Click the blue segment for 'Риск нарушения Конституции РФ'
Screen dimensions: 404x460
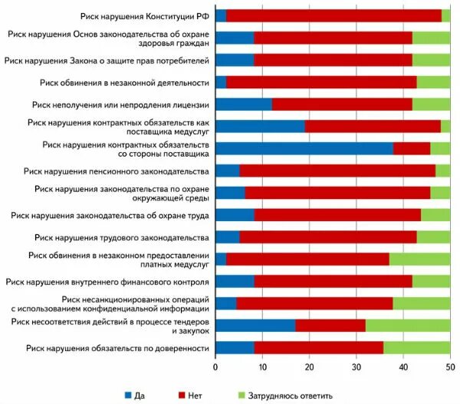point(221,15)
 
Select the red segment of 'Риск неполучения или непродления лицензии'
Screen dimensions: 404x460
point(342,104)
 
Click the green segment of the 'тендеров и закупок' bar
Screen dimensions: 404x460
point(408,326)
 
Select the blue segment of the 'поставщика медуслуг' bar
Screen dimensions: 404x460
point(260,126)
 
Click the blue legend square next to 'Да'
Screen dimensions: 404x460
point(128,395)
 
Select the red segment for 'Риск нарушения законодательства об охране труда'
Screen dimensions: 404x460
point(337,215)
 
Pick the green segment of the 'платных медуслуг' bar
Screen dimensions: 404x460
point(419,260)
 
